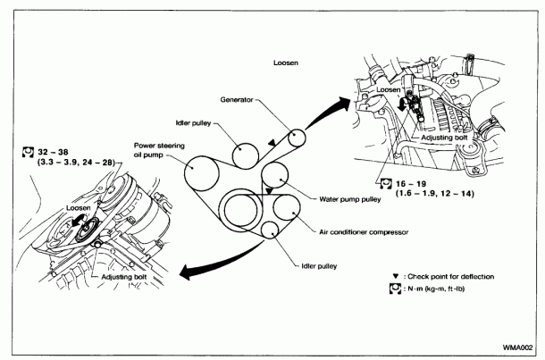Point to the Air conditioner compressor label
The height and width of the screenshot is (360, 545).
tap(363, 231)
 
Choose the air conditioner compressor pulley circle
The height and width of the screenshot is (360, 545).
tap(285, 214)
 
